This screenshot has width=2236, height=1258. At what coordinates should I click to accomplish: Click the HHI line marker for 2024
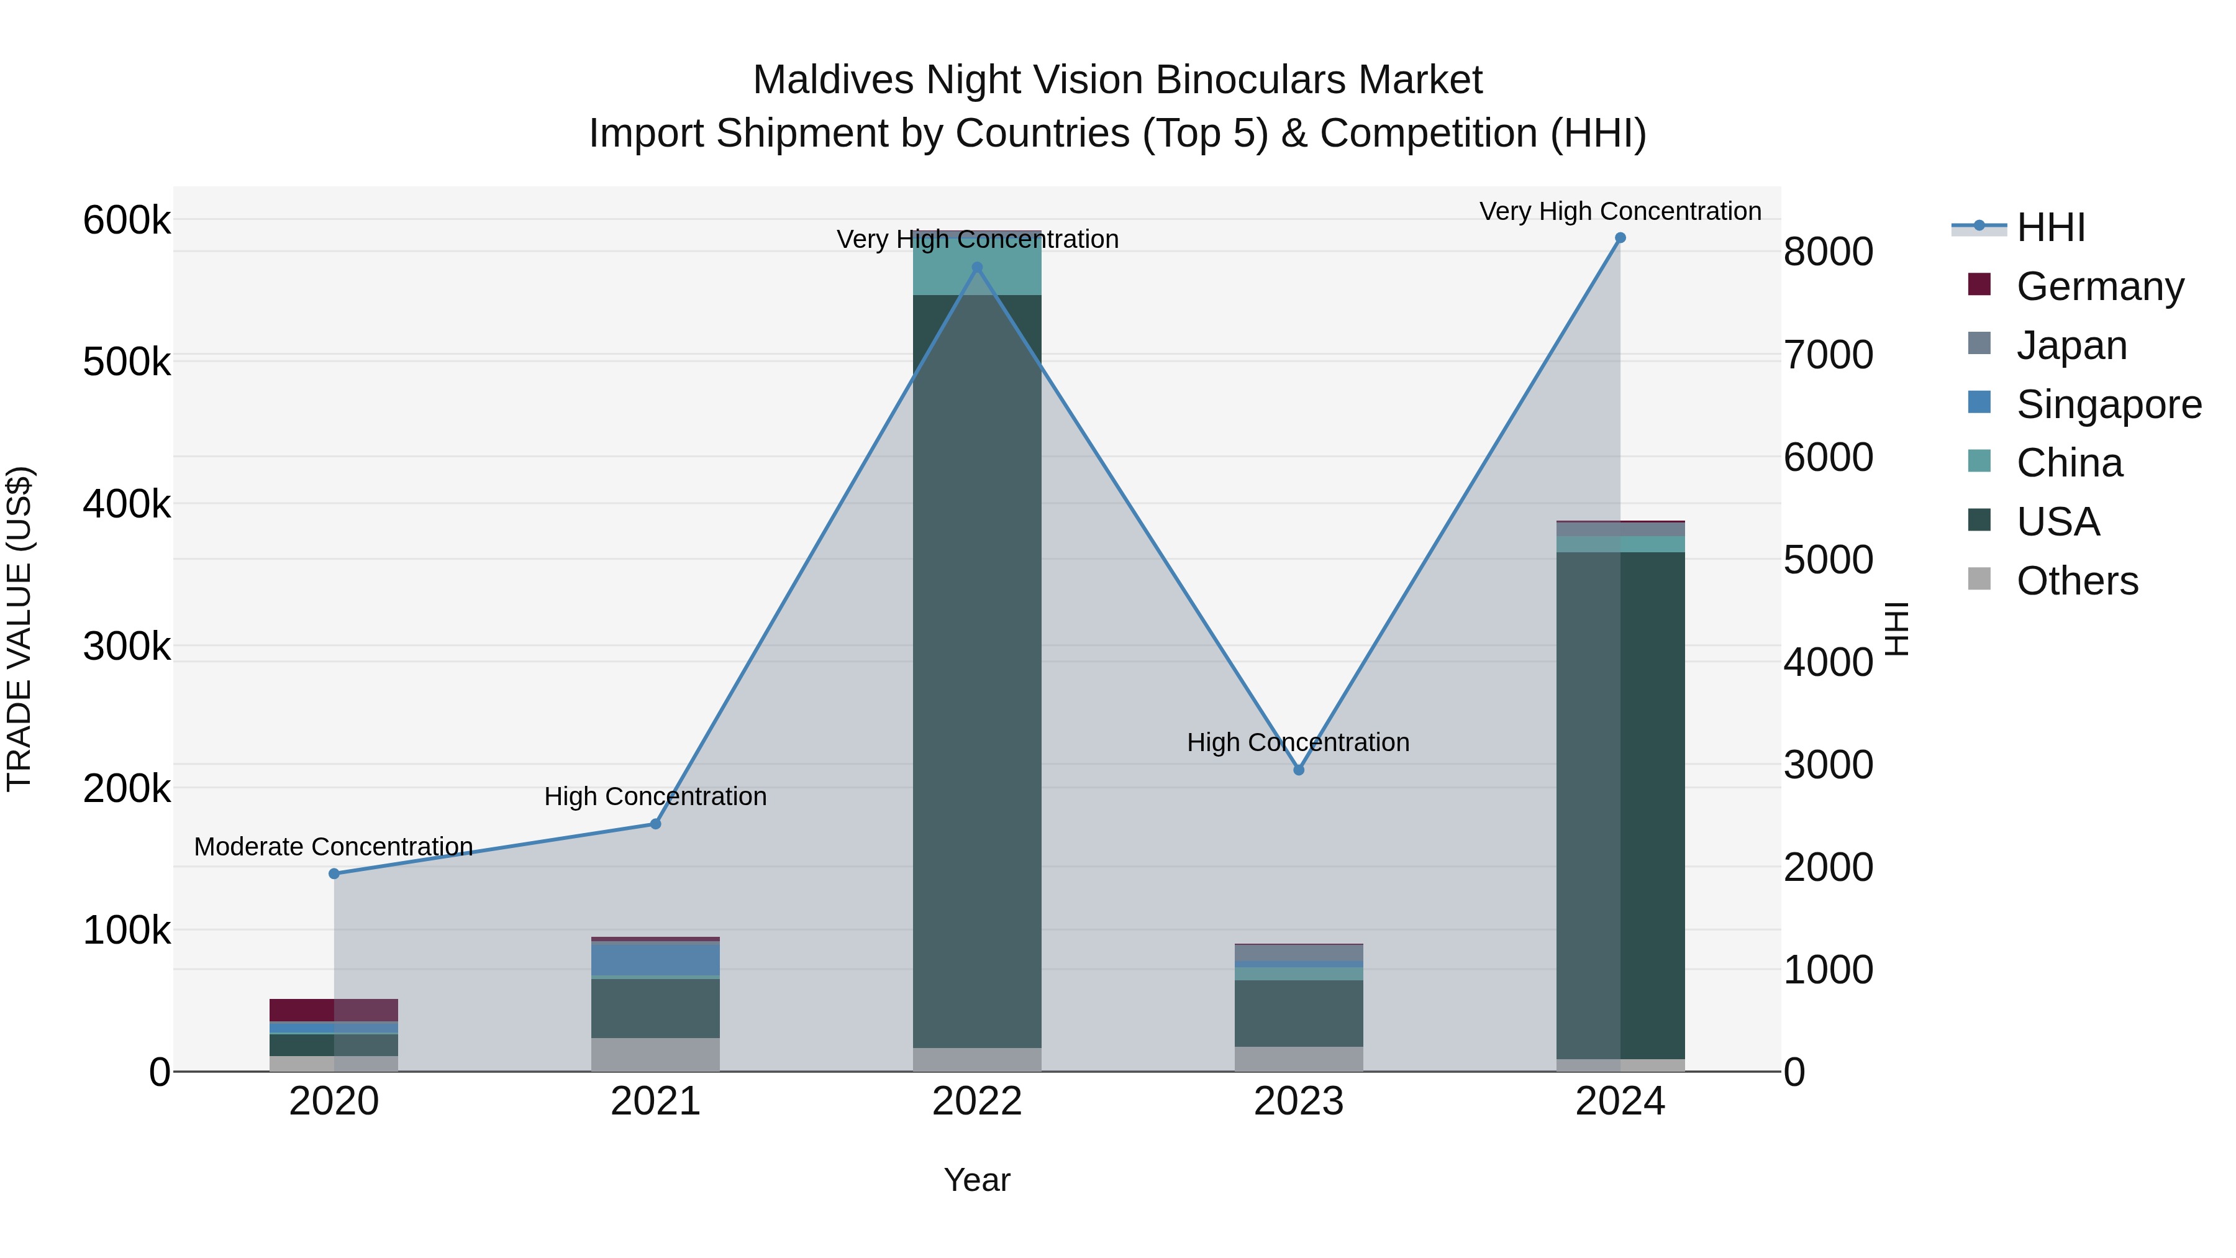1620,238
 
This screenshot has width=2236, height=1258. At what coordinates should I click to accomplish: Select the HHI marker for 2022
978,267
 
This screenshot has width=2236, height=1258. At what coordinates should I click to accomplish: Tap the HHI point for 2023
1299,770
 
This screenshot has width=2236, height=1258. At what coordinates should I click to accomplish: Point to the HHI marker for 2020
334,873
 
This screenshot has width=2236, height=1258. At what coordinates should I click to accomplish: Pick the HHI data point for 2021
655,824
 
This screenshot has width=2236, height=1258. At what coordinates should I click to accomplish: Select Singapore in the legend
2109,404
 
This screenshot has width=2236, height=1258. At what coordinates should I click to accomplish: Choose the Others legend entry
2076,581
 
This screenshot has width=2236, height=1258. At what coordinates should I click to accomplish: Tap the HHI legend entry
2050,227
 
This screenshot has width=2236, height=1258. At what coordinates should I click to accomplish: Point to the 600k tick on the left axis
127,221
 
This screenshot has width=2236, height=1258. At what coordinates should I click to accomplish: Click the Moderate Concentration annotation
334,847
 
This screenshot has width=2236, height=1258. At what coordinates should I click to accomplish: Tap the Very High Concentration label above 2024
1620,212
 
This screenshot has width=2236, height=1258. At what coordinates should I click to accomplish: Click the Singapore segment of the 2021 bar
655,959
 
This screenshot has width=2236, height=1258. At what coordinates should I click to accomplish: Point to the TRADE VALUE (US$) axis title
19,629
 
